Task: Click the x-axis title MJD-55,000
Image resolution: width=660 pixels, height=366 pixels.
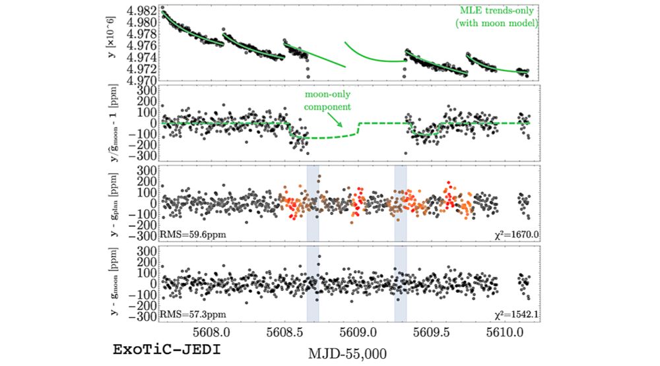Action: tap(347, 353)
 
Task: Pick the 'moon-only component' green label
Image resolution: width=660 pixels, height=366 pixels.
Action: tap(327, 100)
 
